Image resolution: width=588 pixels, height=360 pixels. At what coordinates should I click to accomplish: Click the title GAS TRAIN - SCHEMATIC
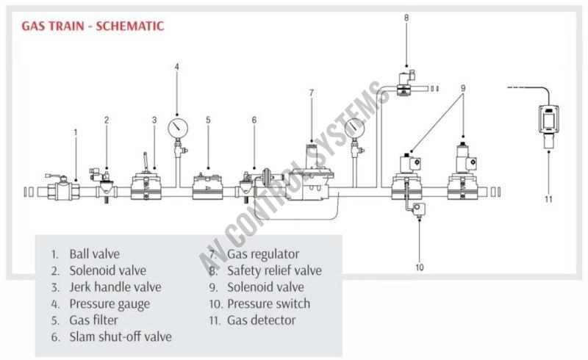coord(92,26)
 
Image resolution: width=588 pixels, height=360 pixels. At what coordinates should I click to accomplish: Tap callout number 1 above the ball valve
coord(76,132)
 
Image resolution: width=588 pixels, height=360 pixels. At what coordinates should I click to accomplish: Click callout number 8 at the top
coord(406,18)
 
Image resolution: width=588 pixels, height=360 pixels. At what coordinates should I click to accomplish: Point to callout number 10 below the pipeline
coord(420,267)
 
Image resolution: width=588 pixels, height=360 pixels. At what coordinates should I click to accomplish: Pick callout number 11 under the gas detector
coord(548,198)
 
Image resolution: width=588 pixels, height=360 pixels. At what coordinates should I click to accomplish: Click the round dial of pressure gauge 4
coord(176,126)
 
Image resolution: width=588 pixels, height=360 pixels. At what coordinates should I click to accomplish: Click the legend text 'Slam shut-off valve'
coord(121,337)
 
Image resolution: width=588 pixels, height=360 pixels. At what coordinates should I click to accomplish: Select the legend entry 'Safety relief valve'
coord(274,270)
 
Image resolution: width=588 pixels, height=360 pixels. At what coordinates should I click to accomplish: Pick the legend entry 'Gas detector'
coord(261,320)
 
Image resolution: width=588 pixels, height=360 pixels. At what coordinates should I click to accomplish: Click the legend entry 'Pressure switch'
coord(268,303)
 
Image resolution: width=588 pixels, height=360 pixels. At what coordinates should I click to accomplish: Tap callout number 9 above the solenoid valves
coord(463,87)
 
